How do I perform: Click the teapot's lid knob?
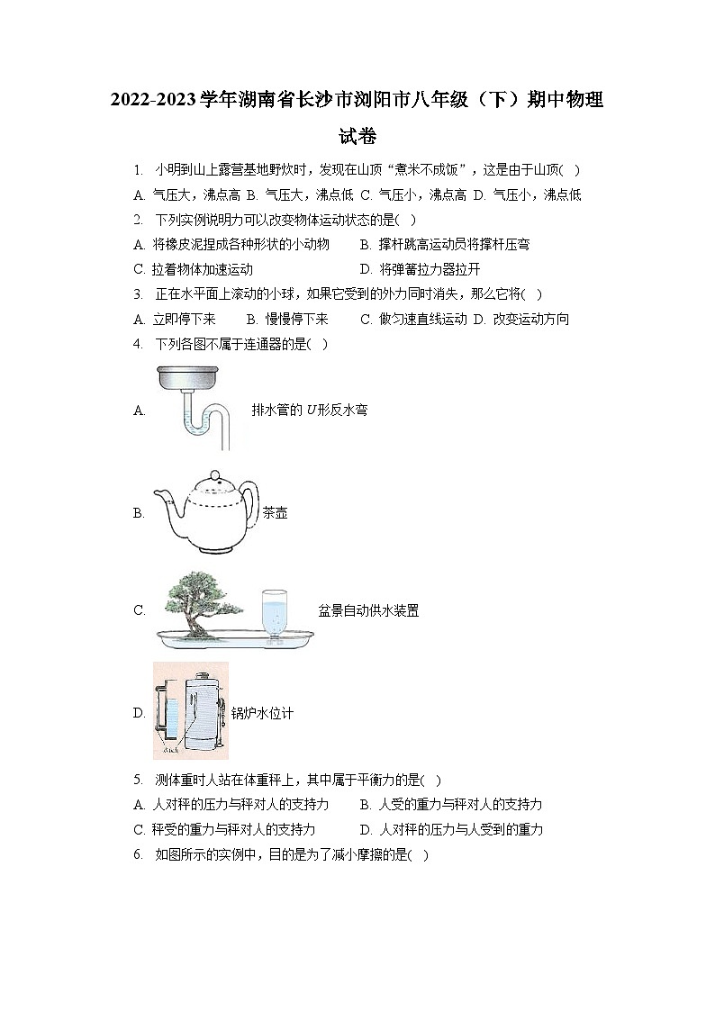[x=213, y=474]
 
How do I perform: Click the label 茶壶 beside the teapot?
[x=275, y=514]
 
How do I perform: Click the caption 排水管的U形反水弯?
[x=309, y=410]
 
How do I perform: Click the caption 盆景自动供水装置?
[x=368, y=610]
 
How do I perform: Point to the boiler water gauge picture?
[x=190, y=711]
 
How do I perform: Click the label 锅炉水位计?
[x=262, y=713]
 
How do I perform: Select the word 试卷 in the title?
[x=357, y=137]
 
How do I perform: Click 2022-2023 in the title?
[x=149, y=99]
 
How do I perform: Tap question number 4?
[x=137, y=343]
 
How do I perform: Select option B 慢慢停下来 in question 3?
[x=287, y=319]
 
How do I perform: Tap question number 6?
[x=137, y=855]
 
